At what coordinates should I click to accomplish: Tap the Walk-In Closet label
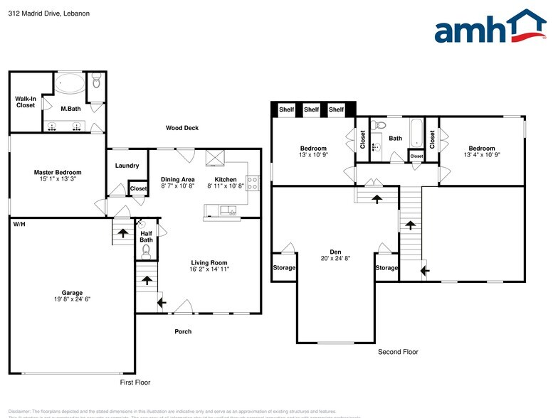[x=26, y=102]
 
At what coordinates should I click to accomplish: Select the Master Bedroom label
[x=58, y=172]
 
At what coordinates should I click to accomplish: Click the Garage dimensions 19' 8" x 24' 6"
[x=72, y=299]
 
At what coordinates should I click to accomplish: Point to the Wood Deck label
[x=181, y=128]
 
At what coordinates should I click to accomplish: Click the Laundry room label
[x=126, y=166]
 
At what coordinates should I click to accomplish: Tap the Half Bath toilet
[x=146, y=251]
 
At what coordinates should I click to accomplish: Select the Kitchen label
[x=226, y=179]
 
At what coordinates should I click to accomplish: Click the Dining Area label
[x=178, y=179]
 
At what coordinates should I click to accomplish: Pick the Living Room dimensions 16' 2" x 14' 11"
[x=209, y=269]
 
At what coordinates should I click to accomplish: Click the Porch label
[x=183, y=331]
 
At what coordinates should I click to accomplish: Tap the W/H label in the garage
[x=19, y=224]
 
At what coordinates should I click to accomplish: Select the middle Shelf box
[x=311, y=109]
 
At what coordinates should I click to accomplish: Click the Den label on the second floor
[x=335, y=251]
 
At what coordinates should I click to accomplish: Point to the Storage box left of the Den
[x=284, y=268]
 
